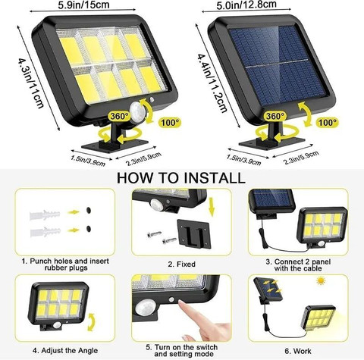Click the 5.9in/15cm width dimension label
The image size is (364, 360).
coord(83,5)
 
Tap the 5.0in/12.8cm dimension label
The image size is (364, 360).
coord(243,5)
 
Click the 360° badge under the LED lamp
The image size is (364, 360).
coord(119,116)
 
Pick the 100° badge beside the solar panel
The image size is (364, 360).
coord(328,123)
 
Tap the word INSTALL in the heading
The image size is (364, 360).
coord(215,178)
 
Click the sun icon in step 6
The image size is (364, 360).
coord(321,280)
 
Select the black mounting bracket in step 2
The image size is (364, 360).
coord(193,233)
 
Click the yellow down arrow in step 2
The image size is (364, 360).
coord(212,208)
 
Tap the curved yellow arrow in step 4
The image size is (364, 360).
coord(91,322)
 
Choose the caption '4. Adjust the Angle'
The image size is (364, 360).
coord(65,351)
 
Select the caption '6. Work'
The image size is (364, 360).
coord(298,351)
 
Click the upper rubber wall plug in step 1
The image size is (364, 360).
coord(45,214)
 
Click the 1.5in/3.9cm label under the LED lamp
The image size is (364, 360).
coord(88,161)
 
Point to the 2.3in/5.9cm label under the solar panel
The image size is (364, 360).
coord(301,158)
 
